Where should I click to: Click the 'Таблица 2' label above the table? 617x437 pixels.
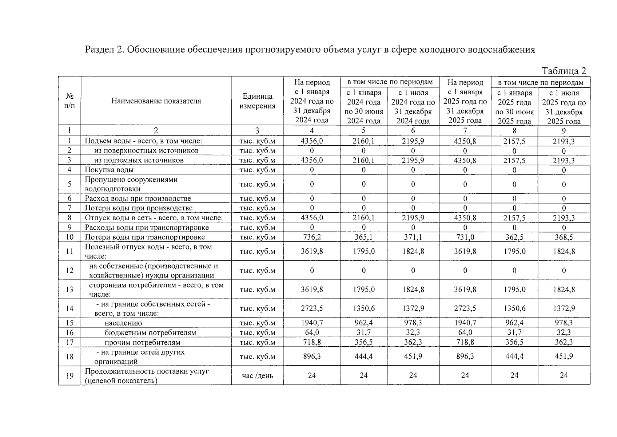[564, 71]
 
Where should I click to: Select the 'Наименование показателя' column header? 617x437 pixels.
[156, 101]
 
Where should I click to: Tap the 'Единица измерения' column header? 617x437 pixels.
[257, 101]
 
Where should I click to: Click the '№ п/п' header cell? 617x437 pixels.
[69, 101]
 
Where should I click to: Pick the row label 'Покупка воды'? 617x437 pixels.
[109, 170]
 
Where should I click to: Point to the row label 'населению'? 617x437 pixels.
[123, 323]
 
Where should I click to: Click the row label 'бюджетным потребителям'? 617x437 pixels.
[150, 332]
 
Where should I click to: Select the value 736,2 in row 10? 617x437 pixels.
[312, 237]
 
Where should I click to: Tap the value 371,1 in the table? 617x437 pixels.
[413, 237]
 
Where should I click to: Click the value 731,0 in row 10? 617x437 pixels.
[465, 237]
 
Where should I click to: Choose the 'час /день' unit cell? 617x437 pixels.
[257, 375]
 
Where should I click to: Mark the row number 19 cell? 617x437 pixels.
[69, 375]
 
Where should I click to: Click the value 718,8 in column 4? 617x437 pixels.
[312, 342]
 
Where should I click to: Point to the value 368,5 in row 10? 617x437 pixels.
[564, 237]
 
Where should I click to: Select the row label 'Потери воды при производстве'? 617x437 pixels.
[139, 208]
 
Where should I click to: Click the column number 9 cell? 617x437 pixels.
[564, 131]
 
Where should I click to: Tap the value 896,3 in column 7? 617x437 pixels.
[465, 356]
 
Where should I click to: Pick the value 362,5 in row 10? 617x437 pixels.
[514, 237]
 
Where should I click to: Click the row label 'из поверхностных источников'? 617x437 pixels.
[146, 150]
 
